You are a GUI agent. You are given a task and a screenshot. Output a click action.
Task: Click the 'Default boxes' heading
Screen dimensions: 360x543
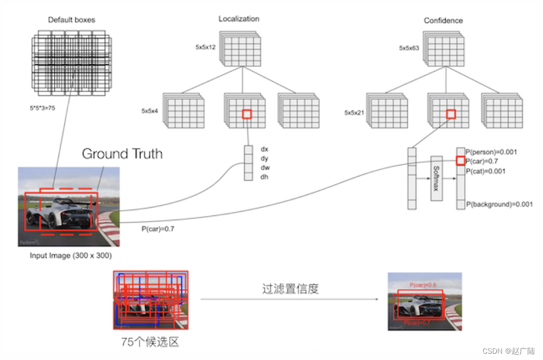[x=71, y=20]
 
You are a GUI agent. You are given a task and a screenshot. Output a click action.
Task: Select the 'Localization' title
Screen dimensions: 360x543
[x=239, y=19]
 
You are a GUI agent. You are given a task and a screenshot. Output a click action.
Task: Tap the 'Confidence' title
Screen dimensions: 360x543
[x=443, y=20]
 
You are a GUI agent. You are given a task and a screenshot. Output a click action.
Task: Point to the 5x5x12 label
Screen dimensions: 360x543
[x=205, y=47]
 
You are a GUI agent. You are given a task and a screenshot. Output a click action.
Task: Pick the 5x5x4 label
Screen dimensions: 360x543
[x=150, y=111]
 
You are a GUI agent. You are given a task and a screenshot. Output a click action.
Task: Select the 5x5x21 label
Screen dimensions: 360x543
[x=354, y=112]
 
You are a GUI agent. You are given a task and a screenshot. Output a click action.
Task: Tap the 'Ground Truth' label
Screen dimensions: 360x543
[x=122, y=154]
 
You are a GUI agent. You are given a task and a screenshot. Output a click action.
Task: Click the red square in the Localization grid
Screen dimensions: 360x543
[x=247, y=114]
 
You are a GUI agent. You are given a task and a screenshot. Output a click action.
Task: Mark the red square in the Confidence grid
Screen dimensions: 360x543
[x=451, y=114]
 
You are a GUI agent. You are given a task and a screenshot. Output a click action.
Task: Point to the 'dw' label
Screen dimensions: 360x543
[x=265, y=168]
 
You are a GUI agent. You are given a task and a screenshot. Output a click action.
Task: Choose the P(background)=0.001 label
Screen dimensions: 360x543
[x=499, y=204]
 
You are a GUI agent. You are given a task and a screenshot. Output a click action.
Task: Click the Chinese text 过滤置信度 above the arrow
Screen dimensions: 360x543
[x=290, y=289]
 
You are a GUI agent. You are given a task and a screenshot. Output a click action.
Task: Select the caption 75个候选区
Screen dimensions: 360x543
[x=150, y=342]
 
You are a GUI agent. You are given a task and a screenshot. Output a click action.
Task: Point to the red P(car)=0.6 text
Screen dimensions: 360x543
[x=424, y=284]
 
